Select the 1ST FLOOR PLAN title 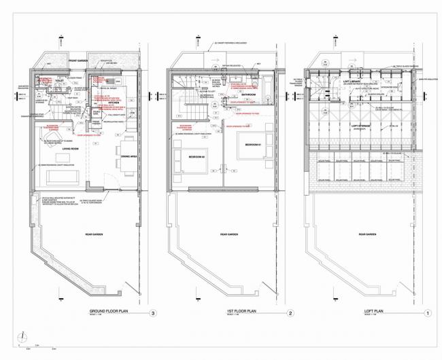[x=241, y=312]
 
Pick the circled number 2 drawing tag [x=290, y=313]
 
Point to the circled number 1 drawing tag [x=427, y=313]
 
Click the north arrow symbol [x=22, y=337]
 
